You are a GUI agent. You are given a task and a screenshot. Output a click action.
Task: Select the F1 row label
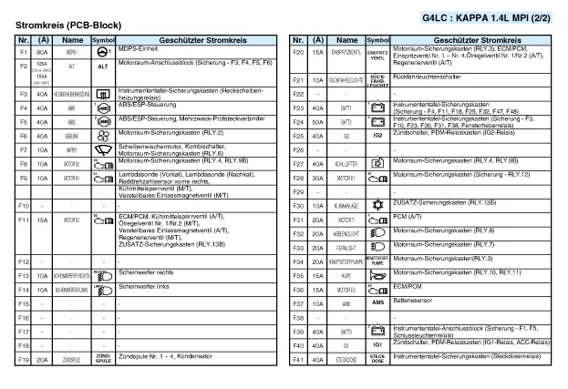[25, 53]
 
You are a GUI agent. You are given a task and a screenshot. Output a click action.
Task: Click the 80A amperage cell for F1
[42, 53]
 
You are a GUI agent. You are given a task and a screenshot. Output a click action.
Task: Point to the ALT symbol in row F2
[103, 67]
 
